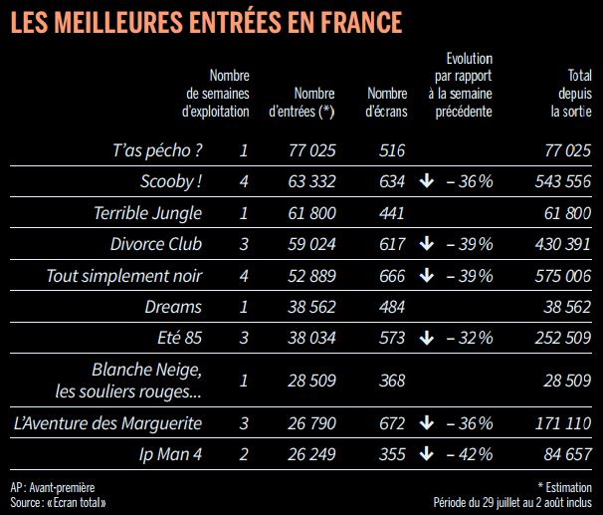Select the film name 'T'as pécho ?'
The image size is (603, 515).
coord(157,150)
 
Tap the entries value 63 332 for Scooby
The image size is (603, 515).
coord(310,181)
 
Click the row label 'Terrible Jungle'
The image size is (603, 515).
coord(147,212)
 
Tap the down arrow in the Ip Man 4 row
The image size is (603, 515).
coord(426,454)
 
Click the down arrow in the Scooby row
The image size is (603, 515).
coord(426,181)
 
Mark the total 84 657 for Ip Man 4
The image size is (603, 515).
coord(568,454)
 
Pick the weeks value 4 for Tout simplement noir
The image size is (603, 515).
coord(244,275)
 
